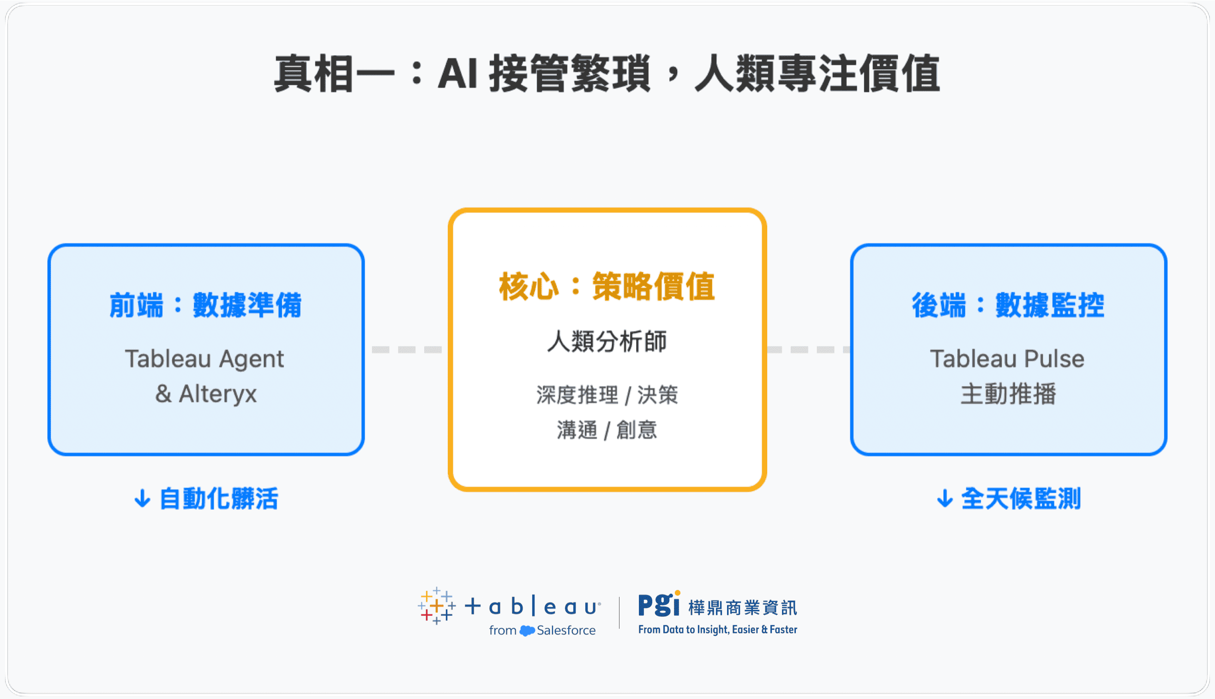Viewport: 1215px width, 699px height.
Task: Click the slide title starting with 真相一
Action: click(x=607, y=74)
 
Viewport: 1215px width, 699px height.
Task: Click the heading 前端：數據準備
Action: click(x=205, y=305)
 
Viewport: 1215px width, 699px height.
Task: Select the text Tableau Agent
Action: click(x=205, y=359)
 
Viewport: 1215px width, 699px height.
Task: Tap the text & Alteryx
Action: click(x=206, y=394)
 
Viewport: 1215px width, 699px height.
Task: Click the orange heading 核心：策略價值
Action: click(x=607, y=287)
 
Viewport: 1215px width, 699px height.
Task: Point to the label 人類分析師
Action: click(x=607, y=342)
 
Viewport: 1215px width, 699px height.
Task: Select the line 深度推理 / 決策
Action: click(x=607, y=395)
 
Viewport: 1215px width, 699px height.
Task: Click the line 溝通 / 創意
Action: click(x=607, y=430)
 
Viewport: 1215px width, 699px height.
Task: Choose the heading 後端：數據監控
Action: click(x=1008, y=305)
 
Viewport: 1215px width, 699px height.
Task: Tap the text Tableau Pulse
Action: click(x=1007, y=359)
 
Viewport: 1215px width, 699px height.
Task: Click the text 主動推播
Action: click(x=1008, y=394)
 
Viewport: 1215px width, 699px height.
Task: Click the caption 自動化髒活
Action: click(x=218, y=498)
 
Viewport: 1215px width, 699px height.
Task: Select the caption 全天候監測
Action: click(x=1021, y=498)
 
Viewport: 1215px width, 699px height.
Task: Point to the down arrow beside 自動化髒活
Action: click(x=142, y=499)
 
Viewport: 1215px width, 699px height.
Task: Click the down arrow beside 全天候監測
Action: click(x=944, y=499)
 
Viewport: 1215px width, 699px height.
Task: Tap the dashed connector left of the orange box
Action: click(x=407, y=349)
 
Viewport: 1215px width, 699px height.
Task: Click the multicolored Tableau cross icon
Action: click(x=436, y=606)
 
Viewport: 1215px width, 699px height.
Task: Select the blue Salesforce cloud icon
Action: click(x=527, y=630)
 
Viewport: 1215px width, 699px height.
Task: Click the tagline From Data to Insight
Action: click(x=717, y=629)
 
